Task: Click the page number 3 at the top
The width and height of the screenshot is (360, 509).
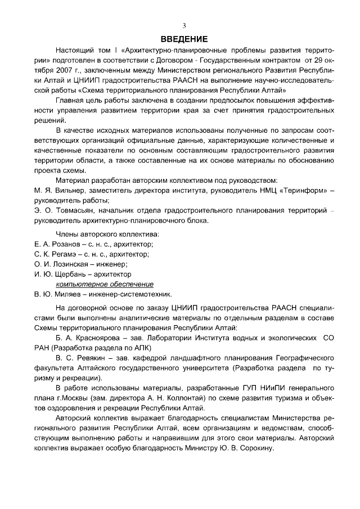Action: pos(183,26)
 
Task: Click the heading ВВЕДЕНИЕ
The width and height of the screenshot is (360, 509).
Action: pos(184,39)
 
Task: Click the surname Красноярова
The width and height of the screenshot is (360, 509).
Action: pos(107,339)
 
